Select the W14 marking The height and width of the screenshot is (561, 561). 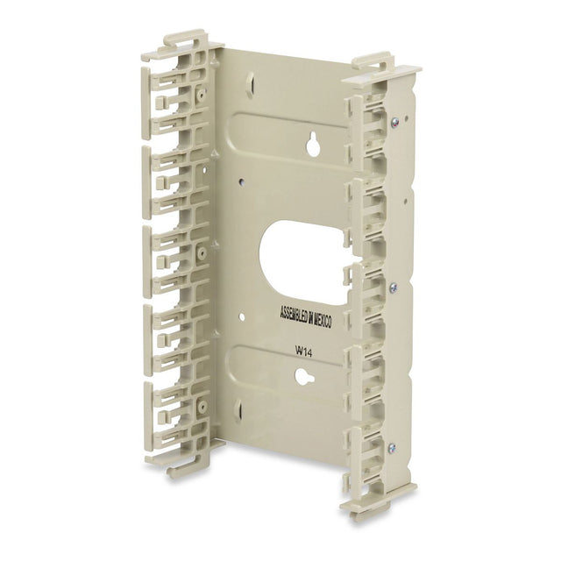pos(303,352)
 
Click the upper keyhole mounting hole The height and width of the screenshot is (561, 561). pos(314,144)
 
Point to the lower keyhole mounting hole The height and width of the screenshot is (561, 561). pos(302,377)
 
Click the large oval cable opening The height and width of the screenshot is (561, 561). pos(303,262)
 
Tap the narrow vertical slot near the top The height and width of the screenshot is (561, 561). pos(252,82)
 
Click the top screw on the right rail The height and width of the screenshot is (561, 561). pos(394,123)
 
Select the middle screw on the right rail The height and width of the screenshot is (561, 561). pos(394,286)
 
